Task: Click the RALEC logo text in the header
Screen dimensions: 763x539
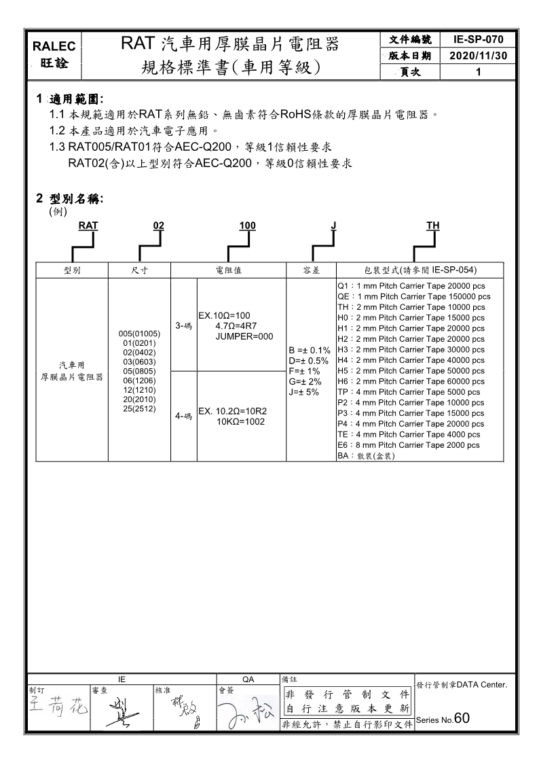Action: click(58, 46)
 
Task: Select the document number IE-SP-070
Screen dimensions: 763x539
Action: click(479, 40)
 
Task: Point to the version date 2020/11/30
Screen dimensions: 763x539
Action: click(479, 56)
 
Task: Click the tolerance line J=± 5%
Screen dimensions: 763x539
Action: click(304, 392)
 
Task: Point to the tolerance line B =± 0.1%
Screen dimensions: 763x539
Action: click(309, 350)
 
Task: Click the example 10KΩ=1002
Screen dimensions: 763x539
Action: click(241, 422)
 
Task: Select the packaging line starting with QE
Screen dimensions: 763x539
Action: click(413, 296)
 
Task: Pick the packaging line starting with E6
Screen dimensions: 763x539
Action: click(408, 445)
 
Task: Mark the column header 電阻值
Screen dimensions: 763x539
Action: click(228, 270)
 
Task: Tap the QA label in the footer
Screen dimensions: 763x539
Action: click(248, 678)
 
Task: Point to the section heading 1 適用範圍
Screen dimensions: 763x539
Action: click(74, 99)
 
